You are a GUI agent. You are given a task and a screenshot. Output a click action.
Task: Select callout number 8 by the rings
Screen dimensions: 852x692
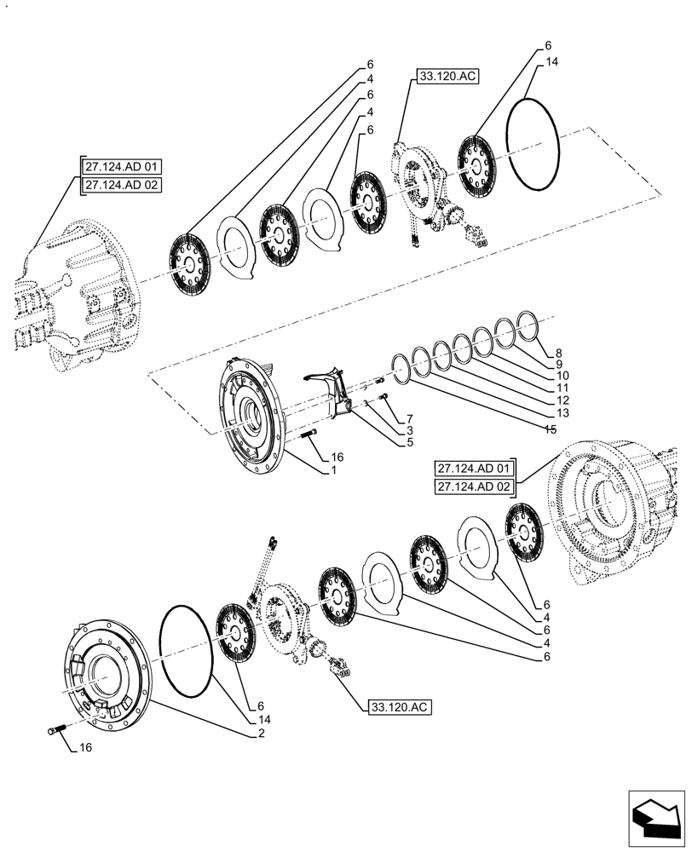(558, 352)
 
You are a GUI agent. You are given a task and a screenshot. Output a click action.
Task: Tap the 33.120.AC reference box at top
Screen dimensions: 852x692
(447, 76)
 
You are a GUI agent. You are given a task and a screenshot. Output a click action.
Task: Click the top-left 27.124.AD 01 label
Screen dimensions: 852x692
(122, 166)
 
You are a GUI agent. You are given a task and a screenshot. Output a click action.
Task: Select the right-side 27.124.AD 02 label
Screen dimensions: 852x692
(475, 486)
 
